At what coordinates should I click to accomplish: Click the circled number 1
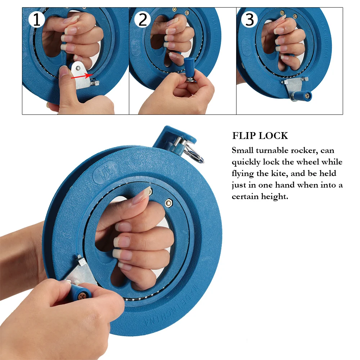coord(36,20)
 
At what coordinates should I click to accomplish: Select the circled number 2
coord(143,20)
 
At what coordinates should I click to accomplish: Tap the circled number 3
coord(249,20)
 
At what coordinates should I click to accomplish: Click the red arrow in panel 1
coord(80,76)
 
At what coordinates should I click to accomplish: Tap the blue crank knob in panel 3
coord(302,96)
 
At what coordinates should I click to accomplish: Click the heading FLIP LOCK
coord(260,136)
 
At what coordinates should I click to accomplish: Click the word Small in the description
coord(243,150)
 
